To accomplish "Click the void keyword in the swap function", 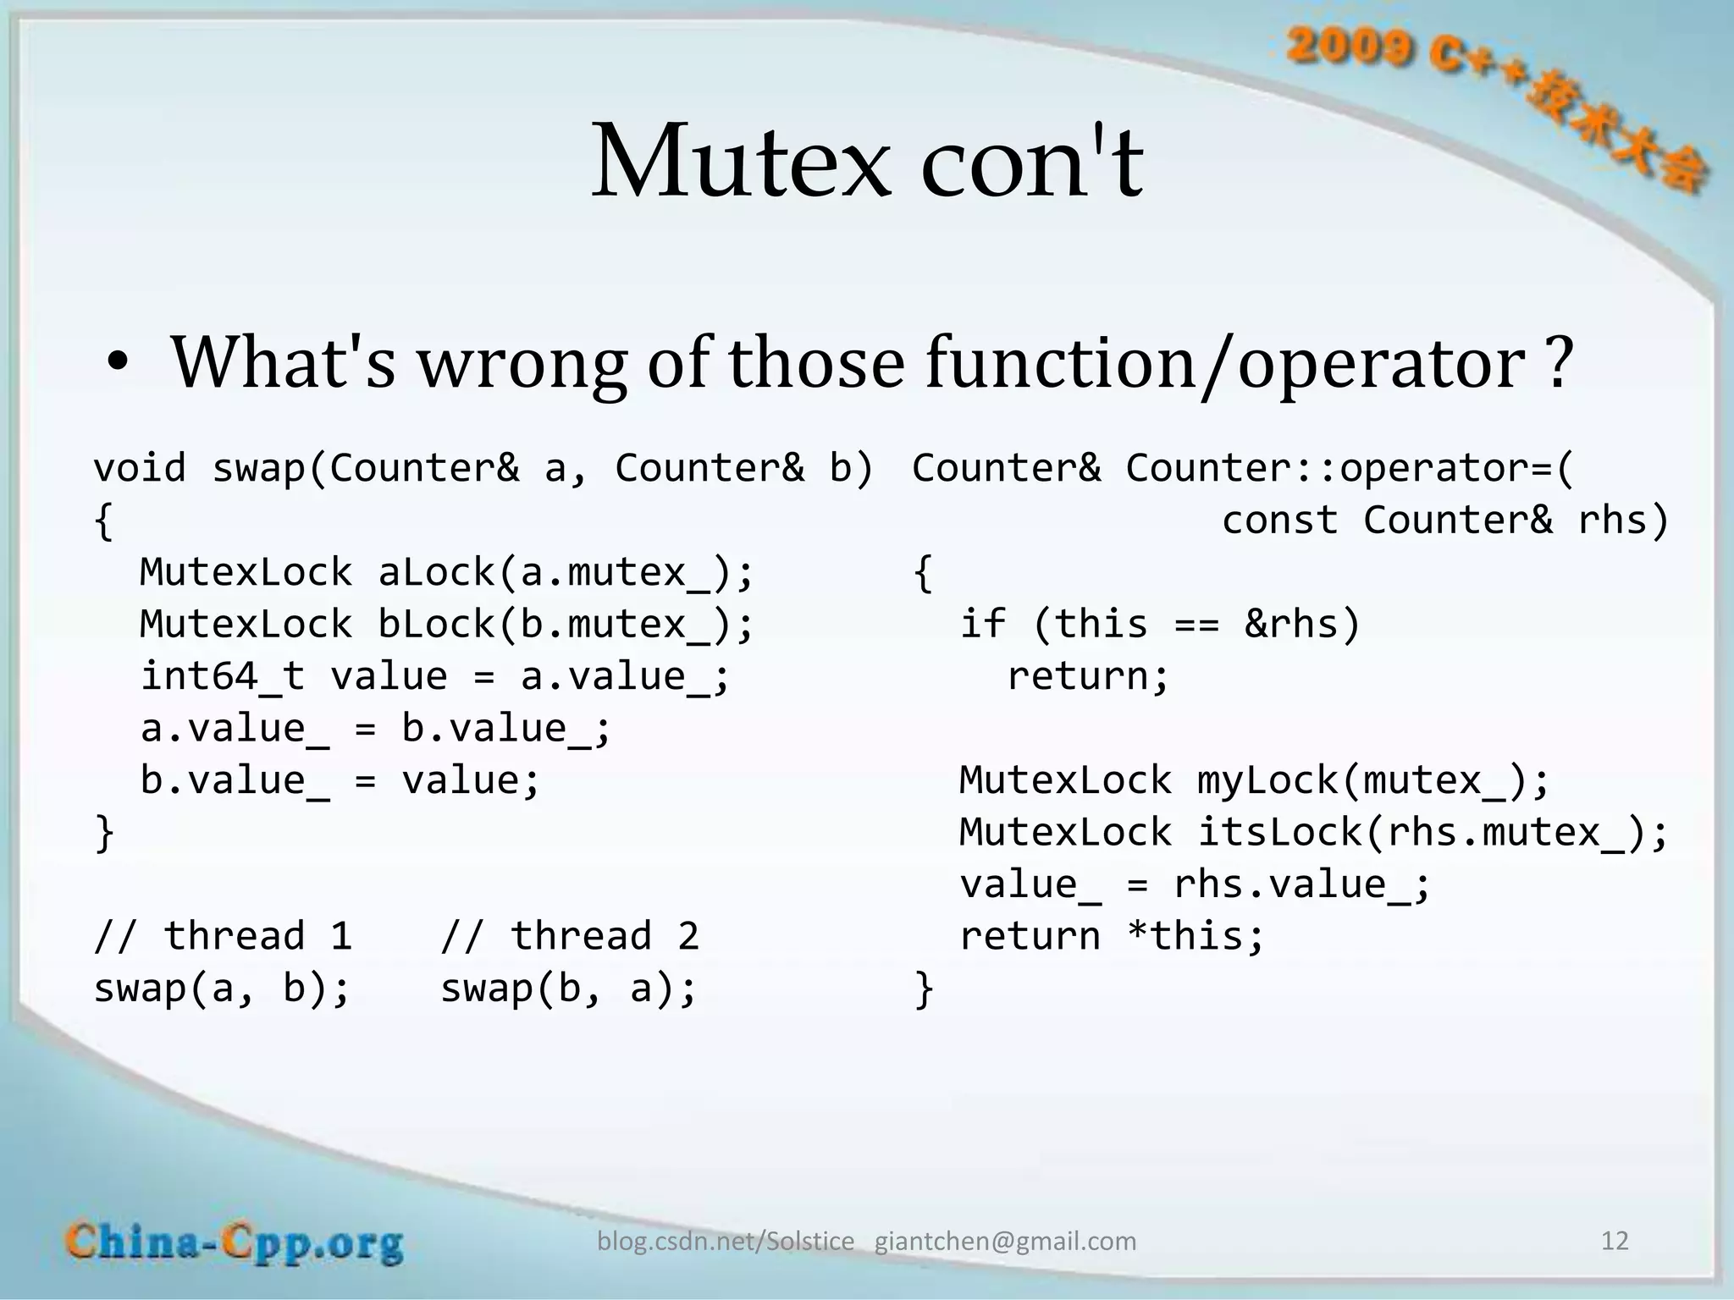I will pos(139,468).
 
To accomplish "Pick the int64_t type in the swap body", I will pos(222,676).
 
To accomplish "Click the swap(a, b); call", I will pos(222,989).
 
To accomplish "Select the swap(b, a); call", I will pos(569,989).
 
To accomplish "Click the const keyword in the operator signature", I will pos(1279,520).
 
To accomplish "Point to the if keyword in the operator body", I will pos(982,625).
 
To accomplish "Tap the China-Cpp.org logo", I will pos(235,1242).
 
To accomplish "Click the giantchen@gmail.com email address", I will pos(1005,1242).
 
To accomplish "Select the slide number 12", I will pos(1615,1241).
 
